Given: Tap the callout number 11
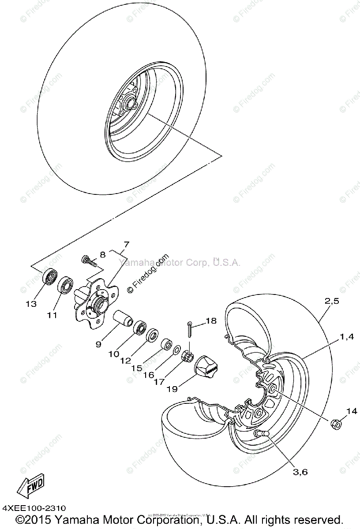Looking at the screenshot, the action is (x=52, y=315).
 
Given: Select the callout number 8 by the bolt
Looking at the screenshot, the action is (x=102, y=254).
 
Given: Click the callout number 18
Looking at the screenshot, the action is (x=211, y=321).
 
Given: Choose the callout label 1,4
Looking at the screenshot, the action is (x=346, y=337).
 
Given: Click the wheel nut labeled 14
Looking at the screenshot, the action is (x=335, y=424).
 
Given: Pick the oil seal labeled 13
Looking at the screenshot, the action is (x=49, y=279).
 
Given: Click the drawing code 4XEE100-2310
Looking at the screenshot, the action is (x=34, y=508).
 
